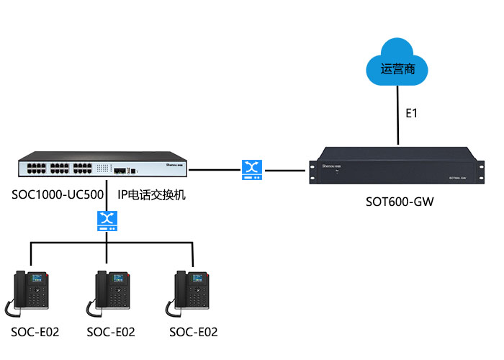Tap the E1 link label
[411, 113]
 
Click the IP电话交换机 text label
[152, 195]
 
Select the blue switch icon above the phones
[107, 220]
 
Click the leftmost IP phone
[30, 293]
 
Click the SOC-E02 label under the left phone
[35, 332]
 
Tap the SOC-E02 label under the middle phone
[110, 332]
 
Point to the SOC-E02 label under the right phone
[193, 332]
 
